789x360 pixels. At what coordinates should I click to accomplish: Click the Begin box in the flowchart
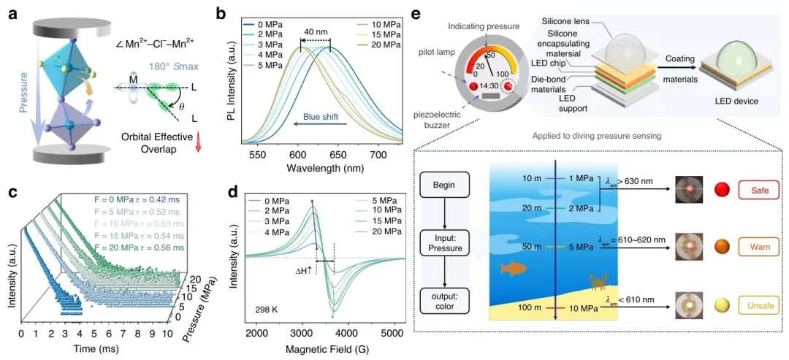pyautogui.click(x=449, y=184)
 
